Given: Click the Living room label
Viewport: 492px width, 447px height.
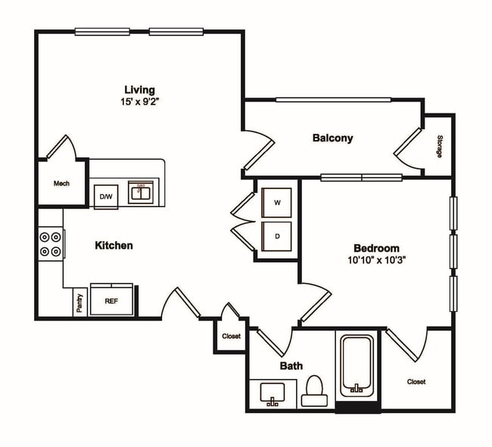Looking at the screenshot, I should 140,87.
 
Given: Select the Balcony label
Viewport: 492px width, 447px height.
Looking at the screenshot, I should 332,138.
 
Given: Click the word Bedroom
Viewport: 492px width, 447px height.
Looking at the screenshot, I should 376,248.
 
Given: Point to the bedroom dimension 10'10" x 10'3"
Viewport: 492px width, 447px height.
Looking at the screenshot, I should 376,260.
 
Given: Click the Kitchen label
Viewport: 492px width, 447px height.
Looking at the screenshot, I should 114,245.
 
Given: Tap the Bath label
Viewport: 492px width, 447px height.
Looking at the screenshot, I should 291,366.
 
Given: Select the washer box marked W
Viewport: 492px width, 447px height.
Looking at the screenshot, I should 277,203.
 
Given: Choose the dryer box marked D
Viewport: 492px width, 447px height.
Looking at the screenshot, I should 277,236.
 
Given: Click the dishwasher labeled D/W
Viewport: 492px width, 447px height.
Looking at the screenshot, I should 104,197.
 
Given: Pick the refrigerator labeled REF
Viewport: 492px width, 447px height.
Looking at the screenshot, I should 111,300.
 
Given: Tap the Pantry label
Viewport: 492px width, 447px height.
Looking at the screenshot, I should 79,303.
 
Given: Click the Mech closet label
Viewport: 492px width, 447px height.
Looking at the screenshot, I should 61,183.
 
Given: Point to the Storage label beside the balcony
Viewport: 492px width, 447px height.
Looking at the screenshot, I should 440,146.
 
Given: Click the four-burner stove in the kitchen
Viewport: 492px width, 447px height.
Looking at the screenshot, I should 51,244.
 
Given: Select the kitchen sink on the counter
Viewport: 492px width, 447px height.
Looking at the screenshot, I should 141,193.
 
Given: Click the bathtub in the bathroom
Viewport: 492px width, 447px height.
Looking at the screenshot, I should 356,365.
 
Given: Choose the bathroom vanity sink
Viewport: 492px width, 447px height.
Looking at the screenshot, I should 272,393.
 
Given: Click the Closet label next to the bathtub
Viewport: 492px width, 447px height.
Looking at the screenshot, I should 416,382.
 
